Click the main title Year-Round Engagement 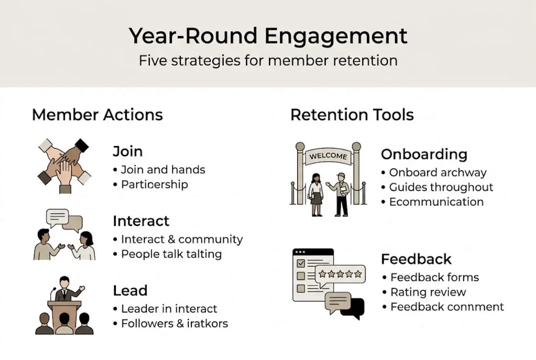point(268,36)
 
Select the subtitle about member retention point(268,61)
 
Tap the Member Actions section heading point(97,114)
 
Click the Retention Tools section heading point(352,114)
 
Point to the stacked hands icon point(63,165)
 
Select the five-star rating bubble point(340,274)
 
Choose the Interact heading point(141,221)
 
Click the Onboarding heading point(424,154)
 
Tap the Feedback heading point(416,259)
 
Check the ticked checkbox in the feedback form point(301,263)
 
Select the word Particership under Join point(154,184)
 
